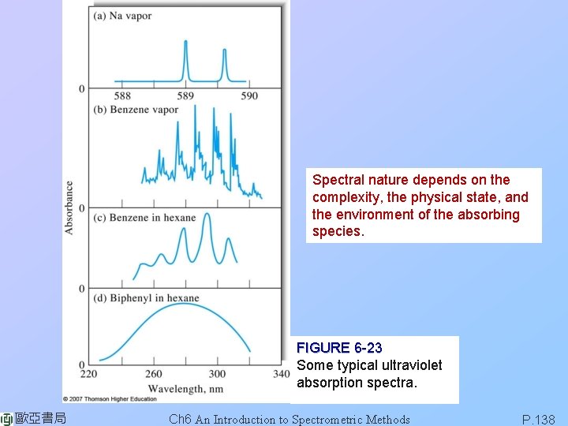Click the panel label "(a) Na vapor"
122,16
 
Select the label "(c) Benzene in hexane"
144,218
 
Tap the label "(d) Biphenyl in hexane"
146,298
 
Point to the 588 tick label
122,96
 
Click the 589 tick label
185,96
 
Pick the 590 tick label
248,96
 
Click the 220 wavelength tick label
88,374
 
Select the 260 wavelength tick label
154,374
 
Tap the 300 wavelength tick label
217,374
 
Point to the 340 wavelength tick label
280,374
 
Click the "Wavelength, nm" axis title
185,388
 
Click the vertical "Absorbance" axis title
69,207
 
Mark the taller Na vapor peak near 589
186,43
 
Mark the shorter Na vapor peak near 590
224,52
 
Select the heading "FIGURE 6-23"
339,348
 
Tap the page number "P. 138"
538,420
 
